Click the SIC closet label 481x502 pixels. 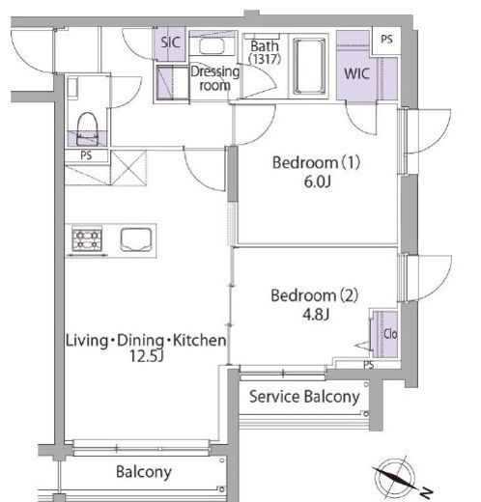(170, 42)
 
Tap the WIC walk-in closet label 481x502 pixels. (356, 73)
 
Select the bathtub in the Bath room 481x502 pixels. (309, 67)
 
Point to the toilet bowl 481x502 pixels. (87, 128)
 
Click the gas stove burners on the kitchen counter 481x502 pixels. (87, 239)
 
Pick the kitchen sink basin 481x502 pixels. (136, 239)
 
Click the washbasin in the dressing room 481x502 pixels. (212, 45)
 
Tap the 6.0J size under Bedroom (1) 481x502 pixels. (317, 182)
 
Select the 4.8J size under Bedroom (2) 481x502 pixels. (316, 315)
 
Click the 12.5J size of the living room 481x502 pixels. (147, 356)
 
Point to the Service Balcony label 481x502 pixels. (304, 397)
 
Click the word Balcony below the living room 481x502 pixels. (144, 472)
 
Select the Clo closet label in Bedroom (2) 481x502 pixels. (390, 334)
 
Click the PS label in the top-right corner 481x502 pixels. (386, 40)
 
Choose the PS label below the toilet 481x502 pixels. (86, 155)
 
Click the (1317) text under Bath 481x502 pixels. (265, 59)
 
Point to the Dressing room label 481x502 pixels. (215, 78)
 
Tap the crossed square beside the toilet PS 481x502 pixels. (128, 168)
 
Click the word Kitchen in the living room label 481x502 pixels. (200, 341)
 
